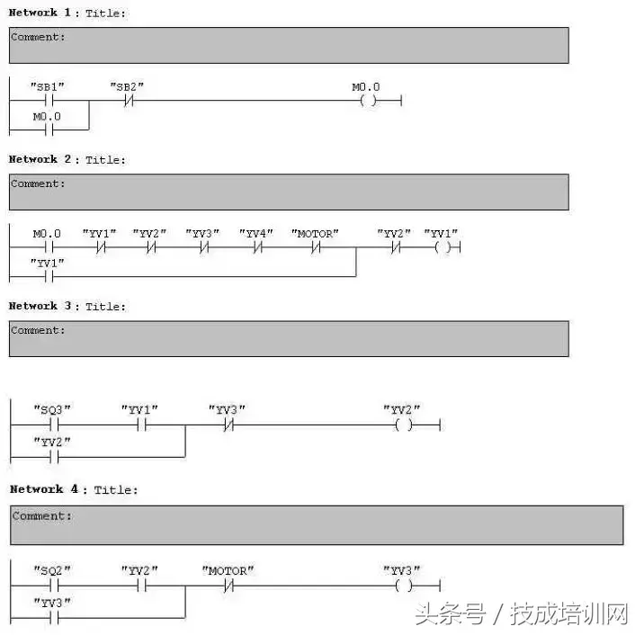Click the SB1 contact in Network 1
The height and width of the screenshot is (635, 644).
48,101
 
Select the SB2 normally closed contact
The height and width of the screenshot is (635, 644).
127,101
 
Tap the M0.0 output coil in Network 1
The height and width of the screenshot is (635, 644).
367,101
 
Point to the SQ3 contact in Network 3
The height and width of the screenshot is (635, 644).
52,425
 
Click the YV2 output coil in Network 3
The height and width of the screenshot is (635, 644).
403,425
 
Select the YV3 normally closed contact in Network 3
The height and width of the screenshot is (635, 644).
228,425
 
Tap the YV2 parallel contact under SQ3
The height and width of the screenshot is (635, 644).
52,457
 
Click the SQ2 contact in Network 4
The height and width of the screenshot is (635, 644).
52,586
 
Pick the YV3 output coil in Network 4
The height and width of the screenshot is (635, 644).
403,586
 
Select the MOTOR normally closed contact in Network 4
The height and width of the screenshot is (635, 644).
228,586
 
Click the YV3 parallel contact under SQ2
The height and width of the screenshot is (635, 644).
52,618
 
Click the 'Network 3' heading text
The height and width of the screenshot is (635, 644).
46,306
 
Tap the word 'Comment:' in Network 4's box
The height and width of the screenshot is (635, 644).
42,516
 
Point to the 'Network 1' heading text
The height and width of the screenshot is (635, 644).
46,13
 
